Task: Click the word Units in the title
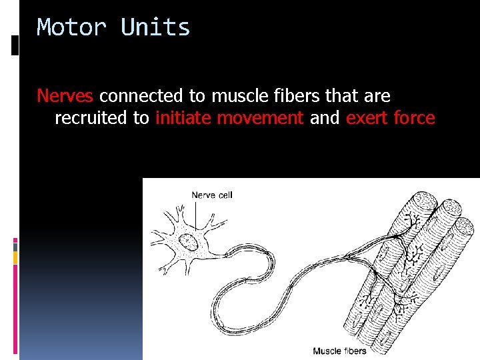[x=155, y=28]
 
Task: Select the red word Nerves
[x=65, y=96]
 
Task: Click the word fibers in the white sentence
[x=295, y=96]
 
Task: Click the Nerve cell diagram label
[x=212, y=195]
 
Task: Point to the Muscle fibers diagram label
[x=340, y=351]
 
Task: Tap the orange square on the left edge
[x=15, y=257]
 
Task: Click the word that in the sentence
[x=342, y=96]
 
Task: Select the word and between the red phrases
[x=325, y=119]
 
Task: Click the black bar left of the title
[x=15, y=45]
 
